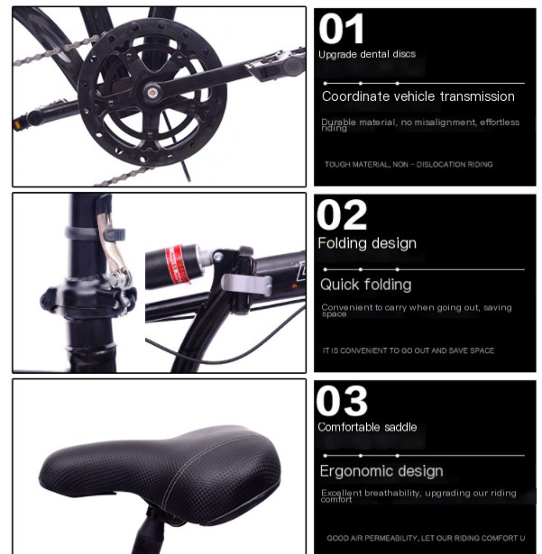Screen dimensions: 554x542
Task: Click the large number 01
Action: click(342, 30)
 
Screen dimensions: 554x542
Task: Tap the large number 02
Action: click(343, 216)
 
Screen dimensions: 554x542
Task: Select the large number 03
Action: click(343, 402)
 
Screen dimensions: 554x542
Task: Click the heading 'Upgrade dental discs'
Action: click(366, 54)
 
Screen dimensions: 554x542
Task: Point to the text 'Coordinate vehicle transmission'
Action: click(418, 96)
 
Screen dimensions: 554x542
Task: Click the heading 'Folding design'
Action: click(366, 243)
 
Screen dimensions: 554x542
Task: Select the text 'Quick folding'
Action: click(365, 285)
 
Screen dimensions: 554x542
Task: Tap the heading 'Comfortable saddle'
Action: click(367, 427)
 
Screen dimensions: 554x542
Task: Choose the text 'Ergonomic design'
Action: click(381, 471)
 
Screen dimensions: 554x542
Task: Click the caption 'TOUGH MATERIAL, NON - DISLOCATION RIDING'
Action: click(409, 165)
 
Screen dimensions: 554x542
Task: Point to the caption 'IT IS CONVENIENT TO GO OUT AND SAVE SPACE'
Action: click(409, 350)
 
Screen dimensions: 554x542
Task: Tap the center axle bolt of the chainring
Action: click(154, 91)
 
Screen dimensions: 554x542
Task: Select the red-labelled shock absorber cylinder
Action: click(179, 264)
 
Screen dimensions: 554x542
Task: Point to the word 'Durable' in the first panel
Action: click(337, 122)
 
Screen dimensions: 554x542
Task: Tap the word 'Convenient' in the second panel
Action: click(343, 307)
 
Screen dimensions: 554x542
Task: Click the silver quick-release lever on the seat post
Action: click(113, 252)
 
